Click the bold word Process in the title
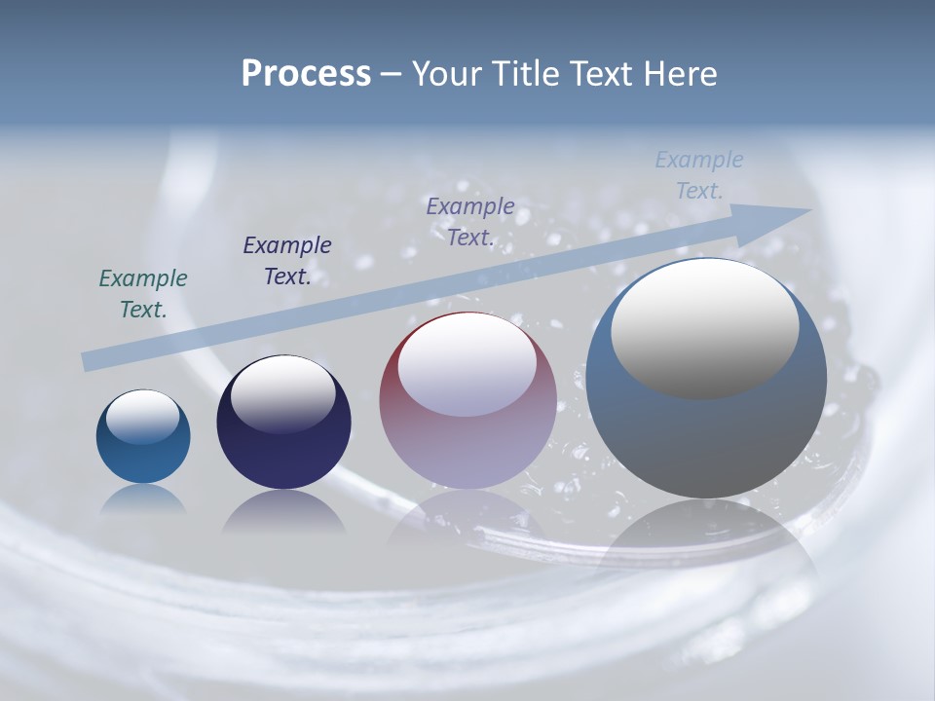click(306, 74)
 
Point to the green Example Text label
click(143, 294)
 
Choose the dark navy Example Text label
click(287, 261)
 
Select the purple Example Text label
click(470, 222)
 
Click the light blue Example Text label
click(699, 175)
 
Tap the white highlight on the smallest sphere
click(143, 417)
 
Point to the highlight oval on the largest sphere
click(705, 329)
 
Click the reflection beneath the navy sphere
click(283, 512)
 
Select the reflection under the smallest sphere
click(143, 499)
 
